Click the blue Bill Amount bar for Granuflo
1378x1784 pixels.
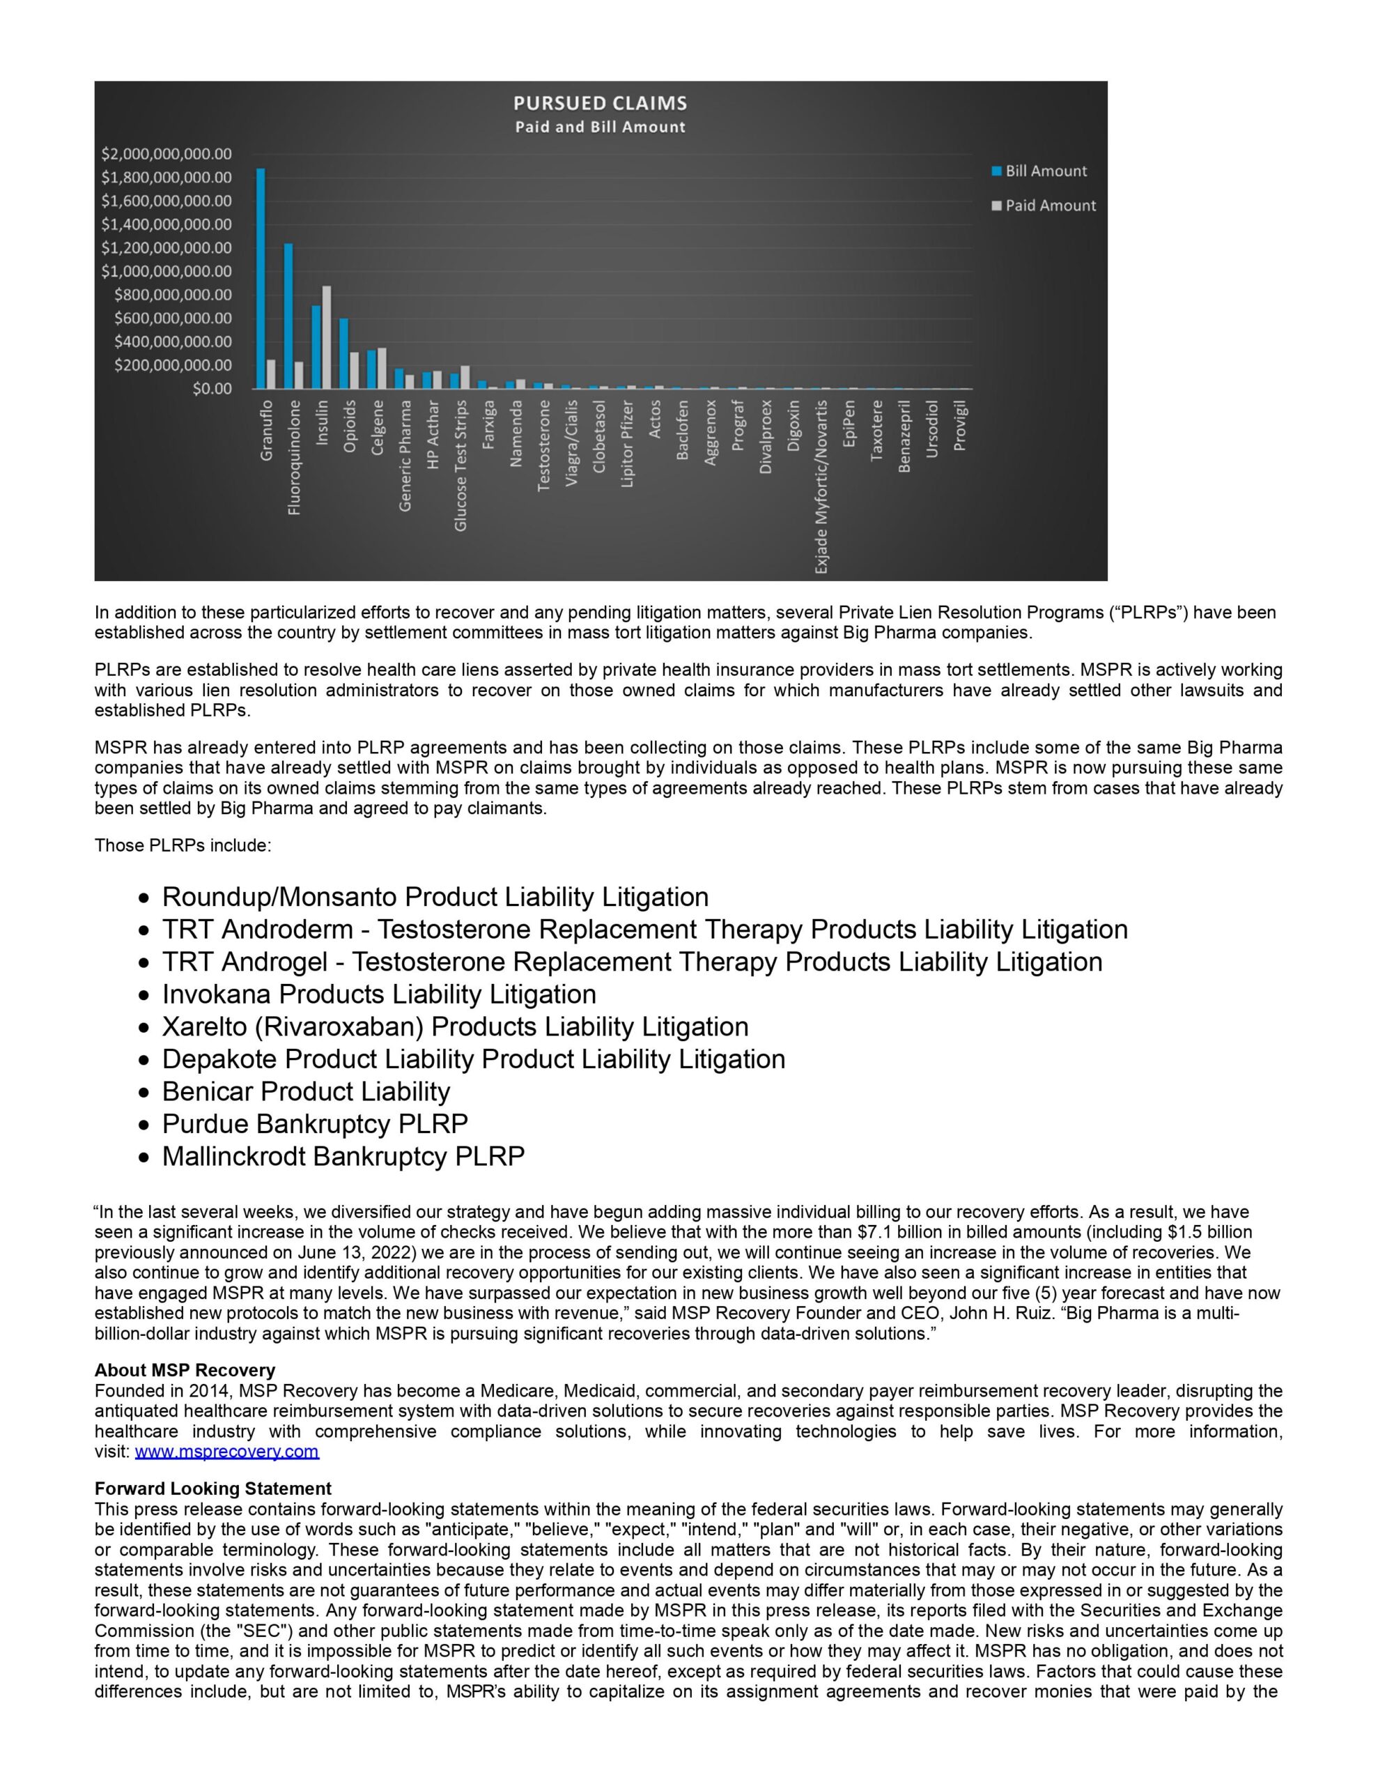tap(261, 279)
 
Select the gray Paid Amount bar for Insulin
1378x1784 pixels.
tap(327, 337)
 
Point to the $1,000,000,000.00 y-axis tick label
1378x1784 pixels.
tap(167, 271)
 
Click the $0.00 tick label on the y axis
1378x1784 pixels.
tap(212, 389)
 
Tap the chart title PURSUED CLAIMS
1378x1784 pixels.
tap(600, 104)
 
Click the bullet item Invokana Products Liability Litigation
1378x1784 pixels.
tap(379, 994)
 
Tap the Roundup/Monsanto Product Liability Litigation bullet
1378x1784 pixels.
tap(435, 897)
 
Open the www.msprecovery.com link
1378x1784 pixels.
tap(227, 1452)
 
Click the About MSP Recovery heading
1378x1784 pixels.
tap(185, 1370)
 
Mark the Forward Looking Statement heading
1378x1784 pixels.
tap(213, 1489)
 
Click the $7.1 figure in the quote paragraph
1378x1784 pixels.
tap(877, 1232)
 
